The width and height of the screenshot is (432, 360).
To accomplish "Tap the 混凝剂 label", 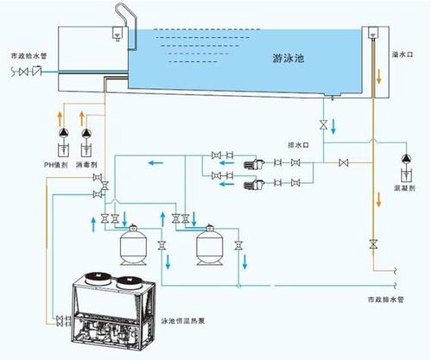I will [x=403, y=186].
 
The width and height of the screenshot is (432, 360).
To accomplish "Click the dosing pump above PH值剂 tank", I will [x=61, y=134].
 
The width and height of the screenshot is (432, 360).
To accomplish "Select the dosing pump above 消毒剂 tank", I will [x=86, y=134].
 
